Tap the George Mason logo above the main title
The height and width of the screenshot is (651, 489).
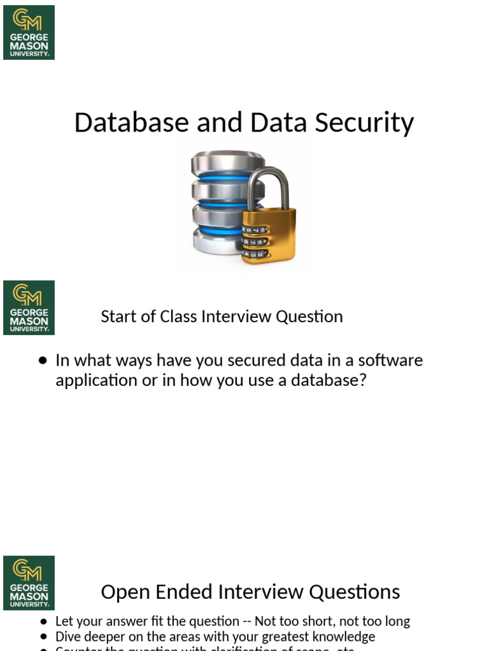[29, 32]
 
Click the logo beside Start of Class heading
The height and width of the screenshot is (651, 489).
[29, 308]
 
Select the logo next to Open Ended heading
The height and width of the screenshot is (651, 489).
[29, 583]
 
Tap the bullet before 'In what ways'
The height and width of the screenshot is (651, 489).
[43, 360]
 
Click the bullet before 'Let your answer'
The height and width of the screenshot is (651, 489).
[43, 622]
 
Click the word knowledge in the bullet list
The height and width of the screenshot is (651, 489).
[344, 636]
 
